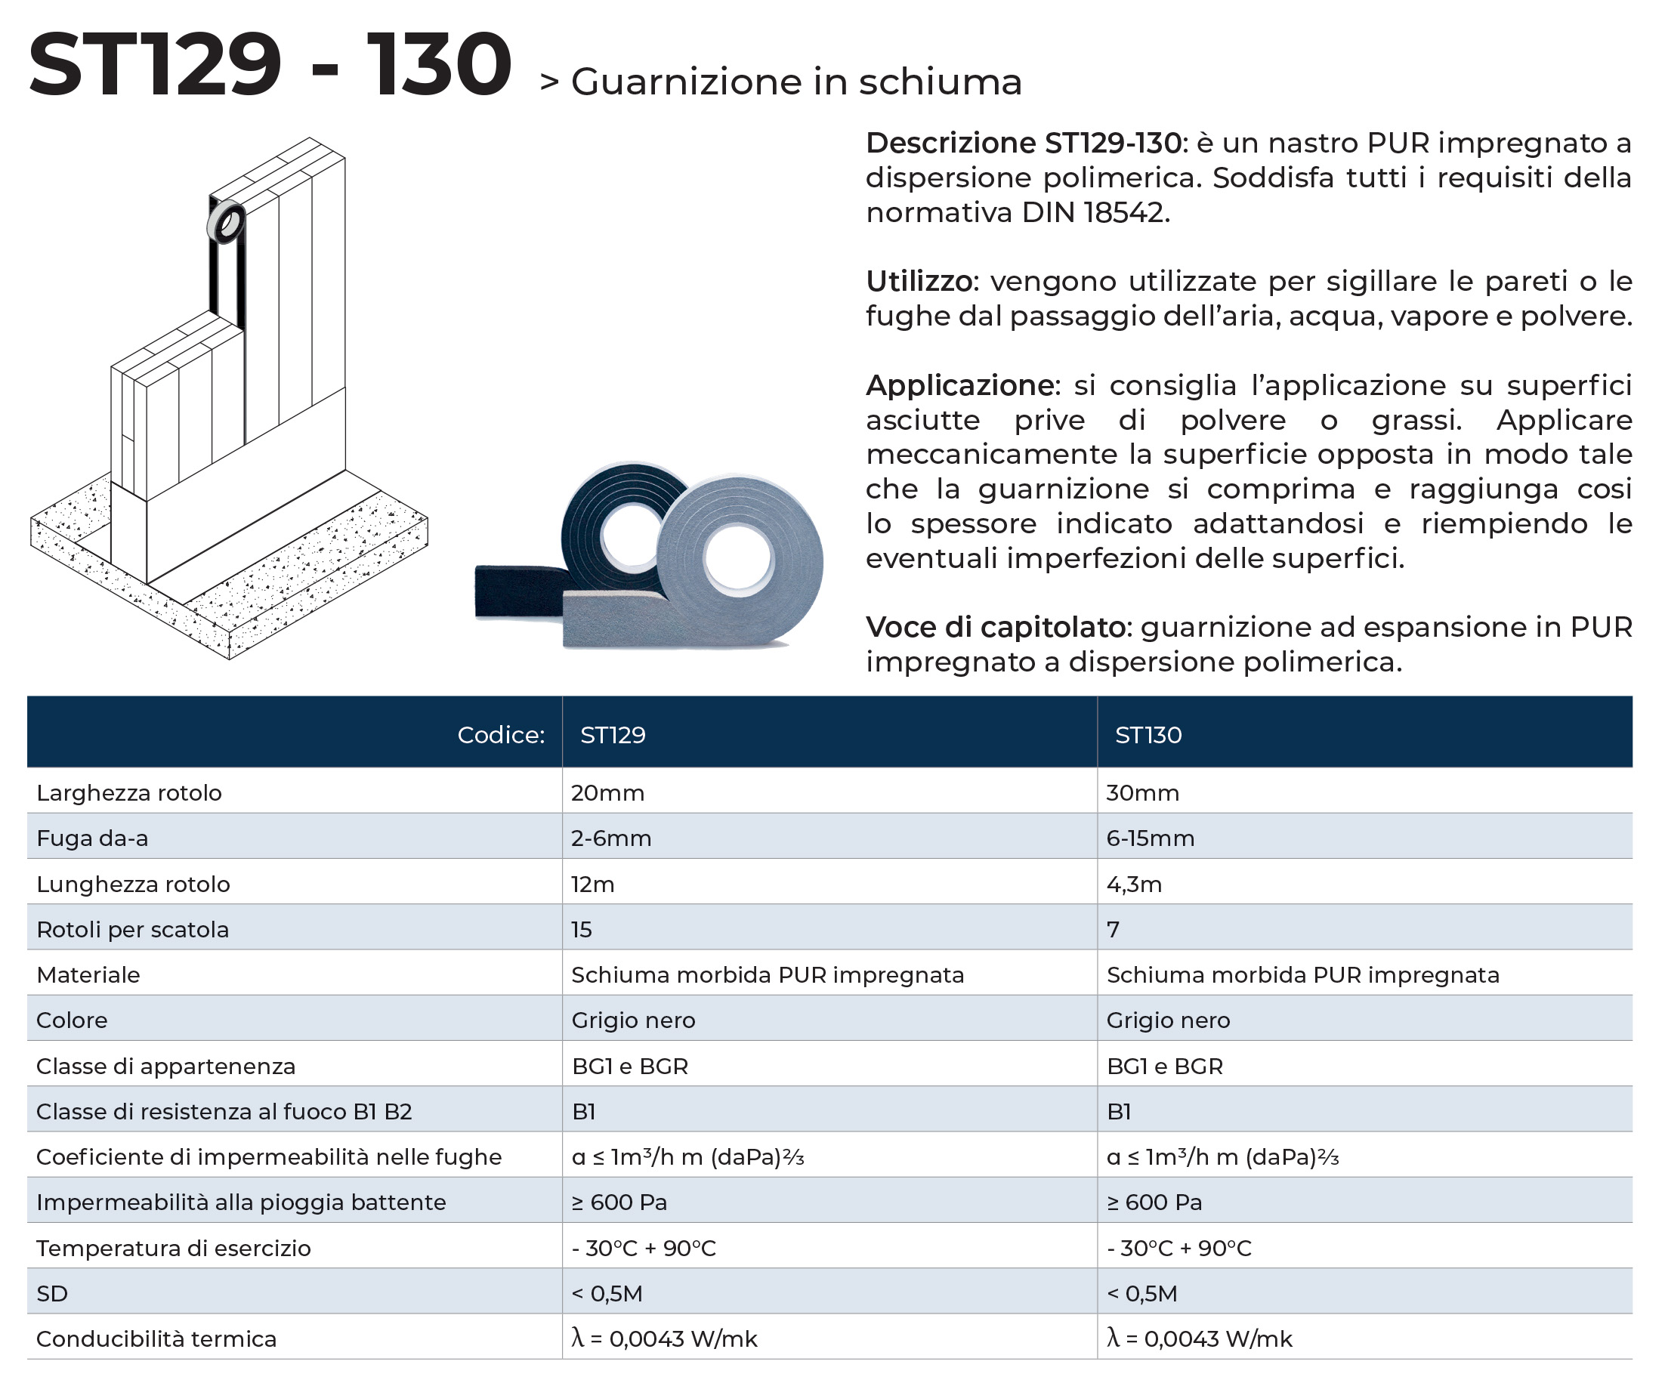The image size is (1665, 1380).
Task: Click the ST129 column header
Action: [x=612, y=735]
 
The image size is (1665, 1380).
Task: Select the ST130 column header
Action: [x=1148, y=735]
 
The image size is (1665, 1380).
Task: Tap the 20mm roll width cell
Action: [x=607, y=792]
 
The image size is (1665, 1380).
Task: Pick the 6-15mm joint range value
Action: [x=1150, y=838]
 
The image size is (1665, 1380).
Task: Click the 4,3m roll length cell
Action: [x=1134, y=884]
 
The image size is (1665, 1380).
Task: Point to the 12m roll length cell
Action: [x=592, y=884]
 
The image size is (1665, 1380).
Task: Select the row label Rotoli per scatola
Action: [x=132, y=929]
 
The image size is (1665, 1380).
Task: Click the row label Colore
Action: [x=71, y=1020]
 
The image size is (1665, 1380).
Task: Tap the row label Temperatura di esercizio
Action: [x=173, y=1248]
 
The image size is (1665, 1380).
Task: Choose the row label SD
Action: [x=51, y=1294]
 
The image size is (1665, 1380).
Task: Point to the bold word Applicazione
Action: [x=962, y=385]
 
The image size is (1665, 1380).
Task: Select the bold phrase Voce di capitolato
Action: [x=996, y=627]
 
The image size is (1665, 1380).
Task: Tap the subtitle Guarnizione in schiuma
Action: [x=796, y=82]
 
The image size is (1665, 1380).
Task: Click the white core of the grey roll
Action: [x=737, y=559]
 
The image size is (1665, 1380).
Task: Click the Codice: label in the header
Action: [x=500, y=735]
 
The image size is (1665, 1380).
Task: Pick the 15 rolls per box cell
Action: [x=581, y=929]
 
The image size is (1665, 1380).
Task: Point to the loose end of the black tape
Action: [x=508, y=591]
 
